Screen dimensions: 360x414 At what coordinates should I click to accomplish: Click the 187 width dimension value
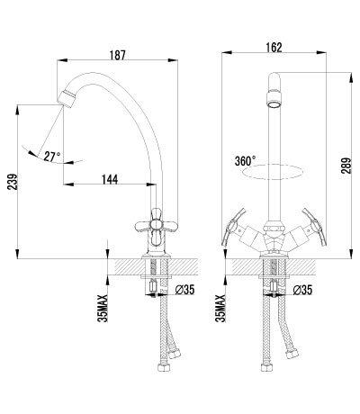point(117,55)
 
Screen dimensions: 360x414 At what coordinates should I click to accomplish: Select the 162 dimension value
point(274,48)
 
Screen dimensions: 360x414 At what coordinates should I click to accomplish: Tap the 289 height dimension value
point(346,166)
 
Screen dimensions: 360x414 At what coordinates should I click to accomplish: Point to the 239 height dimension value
point(13,182)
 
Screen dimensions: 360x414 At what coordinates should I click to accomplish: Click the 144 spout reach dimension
point(110,179)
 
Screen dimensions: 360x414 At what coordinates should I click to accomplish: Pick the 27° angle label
point(52,156)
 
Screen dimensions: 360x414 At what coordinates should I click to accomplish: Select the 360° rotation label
point(246,161)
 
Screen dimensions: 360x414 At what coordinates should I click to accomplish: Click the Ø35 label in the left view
point(184,290)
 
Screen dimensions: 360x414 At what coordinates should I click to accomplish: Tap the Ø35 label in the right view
point(302,290)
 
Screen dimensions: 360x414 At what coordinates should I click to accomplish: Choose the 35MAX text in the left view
point(103,309)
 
